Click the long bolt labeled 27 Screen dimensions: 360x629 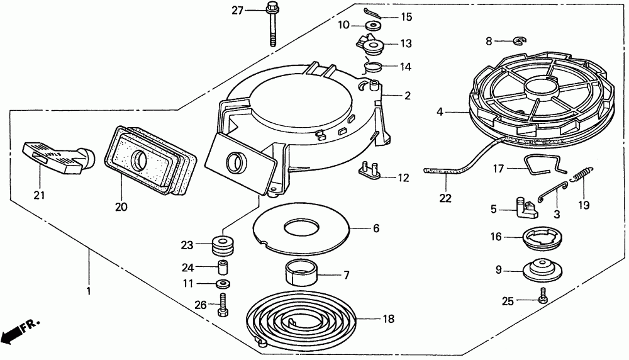[273, 25]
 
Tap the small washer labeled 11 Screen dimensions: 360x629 [222, 284]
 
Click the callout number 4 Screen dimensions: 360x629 [440, 112]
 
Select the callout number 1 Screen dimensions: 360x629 [88, 291]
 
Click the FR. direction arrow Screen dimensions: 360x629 [19, 331]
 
